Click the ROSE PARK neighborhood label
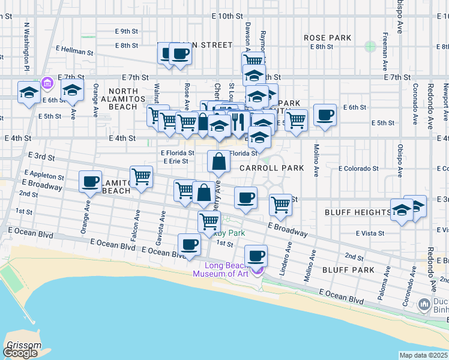pos(327,38)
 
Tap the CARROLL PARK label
pos(272,168)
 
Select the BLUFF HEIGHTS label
pos(357,212)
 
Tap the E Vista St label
pos(369,233)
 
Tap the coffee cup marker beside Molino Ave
pos(325,115)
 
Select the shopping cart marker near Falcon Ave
pos(141,178)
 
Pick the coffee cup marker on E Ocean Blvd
pos(189,245)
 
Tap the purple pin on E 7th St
pos(48,82)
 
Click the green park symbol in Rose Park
pos(370,46)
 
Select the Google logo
pos(20,352)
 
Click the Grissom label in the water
pos(24,345)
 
